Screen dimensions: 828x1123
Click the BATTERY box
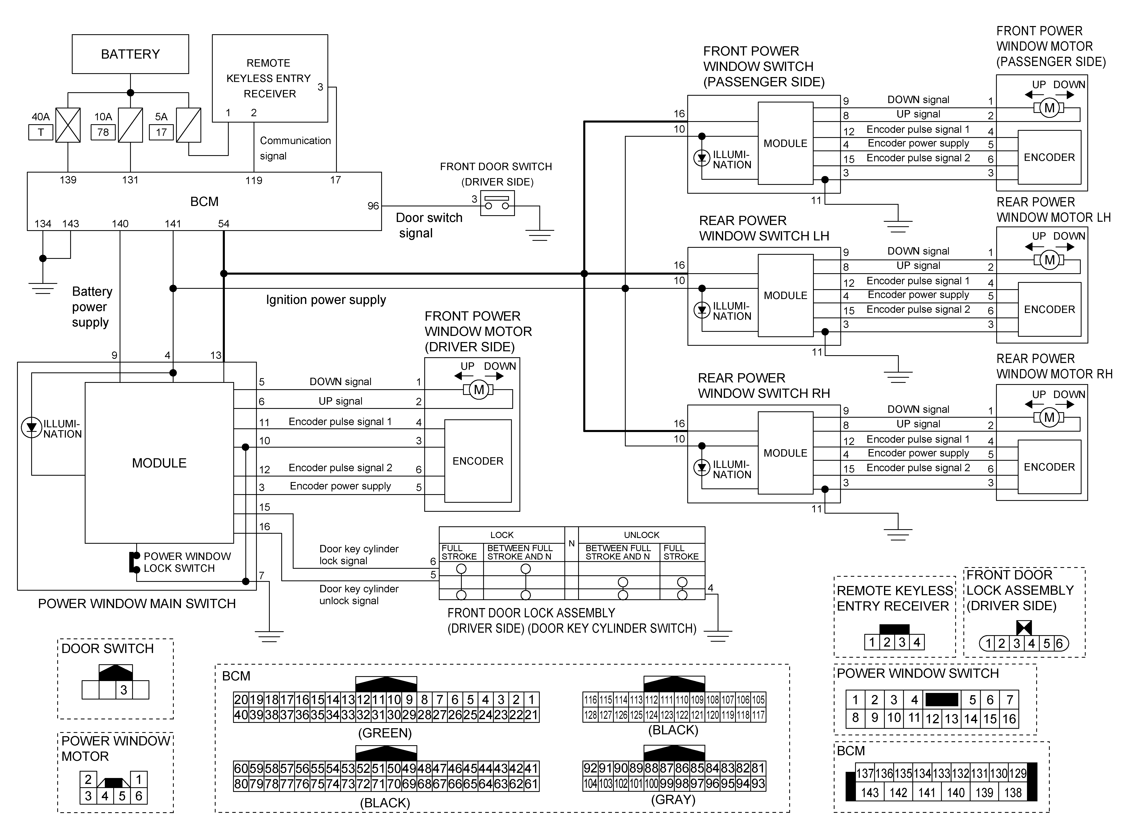tap(130, 54)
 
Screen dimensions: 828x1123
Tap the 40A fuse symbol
tap(68, 125)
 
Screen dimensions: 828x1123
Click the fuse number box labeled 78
tap(103, 132)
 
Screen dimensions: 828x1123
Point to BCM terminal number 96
tap(373, 206)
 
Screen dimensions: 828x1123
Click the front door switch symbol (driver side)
tap(497, 203)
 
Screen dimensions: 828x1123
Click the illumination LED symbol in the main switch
tap(32, 428)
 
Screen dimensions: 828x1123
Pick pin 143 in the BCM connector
tap(870, 792)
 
